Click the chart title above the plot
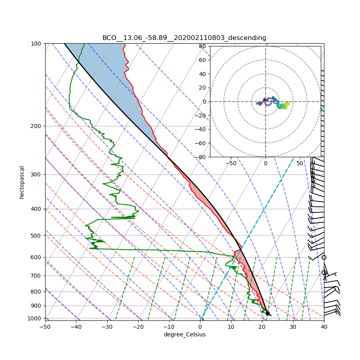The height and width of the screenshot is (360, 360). click(x=184, y=38)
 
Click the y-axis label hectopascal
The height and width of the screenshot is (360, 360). click(x=22, y=182)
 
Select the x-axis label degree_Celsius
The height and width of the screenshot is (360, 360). click(x=184, y=334)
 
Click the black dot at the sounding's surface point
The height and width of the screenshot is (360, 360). click(x=268, y=313)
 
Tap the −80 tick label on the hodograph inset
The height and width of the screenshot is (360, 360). click(x=201, y=157)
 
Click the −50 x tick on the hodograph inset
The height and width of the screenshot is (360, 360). click(x=231, y=163)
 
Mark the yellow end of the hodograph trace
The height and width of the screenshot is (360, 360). click(x=288, y=104)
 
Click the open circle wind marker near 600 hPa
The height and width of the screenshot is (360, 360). click(x=324, y=257)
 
